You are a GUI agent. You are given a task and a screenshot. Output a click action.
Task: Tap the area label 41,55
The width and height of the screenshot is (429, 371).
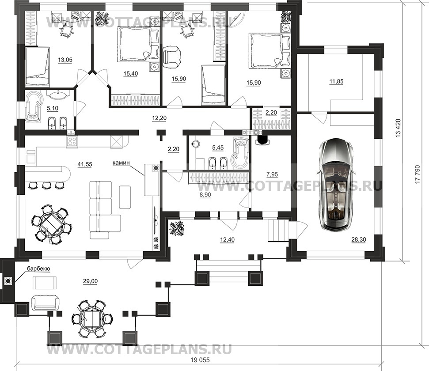[85, 164]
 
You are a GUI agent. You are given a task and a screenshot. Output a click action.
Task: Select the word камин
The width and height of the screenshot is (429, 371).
[121, 163]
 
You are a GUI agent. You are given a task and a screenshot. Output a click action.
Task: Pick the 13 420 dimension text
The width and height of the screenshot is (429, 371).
[398, 128]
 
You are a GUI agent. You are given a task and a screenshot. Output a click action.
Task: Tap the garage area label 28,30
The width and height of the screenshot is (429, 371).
[359, 240]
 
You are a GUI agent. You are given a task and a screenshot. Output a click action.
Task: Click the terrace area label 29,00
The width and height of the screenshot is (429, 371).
[90, 281]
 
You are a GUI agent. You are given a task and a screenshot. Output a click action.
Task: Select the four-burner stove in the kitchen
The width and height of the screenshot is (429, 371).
[72, 141]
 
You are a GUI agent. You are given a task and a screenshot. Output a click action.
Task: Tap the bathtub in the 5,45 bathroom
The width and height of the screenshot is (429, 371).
[239, 154]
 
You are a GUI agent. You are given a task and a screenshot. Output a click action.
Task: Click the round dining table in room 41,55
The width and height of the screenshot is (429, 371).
[51, 225]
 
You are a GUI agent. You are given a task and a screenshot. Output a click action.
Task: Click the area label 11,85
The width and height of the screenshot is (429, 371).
[336, 81]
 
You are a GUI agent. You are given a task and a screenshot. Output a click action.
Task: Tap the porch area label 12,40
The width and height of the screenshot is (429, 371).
[227, 240]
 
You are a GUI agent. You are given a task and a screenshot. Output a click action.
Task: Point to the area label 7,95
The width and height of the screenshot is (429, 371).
[272, 174]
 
